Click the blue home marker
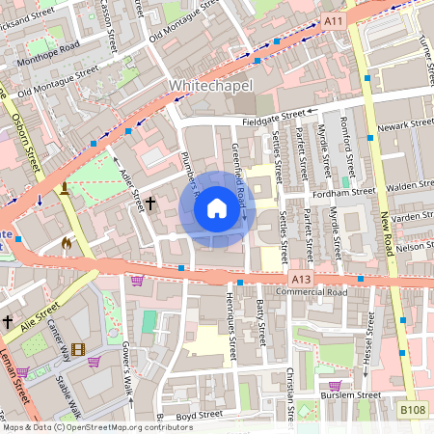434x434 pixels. point(217,207)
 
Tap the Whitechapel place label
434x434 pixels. point(210,86)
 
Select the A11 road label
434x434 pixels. point(334,21)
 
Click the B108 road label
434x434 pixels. point(413,410)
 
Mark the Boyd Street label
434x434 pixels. point(200,416)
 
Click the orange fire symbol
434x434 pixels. point(66,243)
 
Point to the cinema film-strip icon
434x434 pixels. point(77,349)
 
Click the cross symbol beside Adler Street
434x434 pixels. point(150,204)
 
